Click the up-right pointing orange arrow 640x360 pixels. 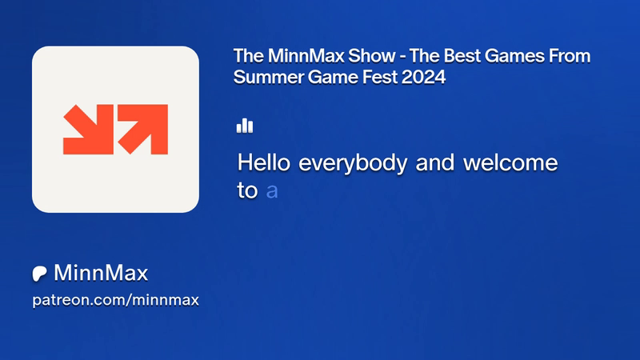point(142,129)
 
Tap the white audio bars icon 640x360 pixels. point(245,126)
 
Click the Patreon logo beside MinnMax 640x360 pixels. point(39,274)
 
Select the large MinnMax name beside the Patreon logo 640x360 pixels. point(101,273)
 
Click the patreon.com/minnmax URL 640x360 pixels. point(115,300)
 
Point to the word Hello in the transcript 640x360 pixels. point(264,162)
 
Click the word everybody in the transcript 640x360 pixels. point(353,164)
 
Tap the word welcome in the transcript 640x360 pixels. point(510,162)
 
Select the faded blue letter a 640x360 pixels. point(272,191)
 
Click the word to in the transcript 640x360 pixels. point(247,190)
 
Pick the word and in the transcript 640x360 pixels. point(435,162)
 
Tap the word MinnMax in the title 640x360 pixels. point(306,56)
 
